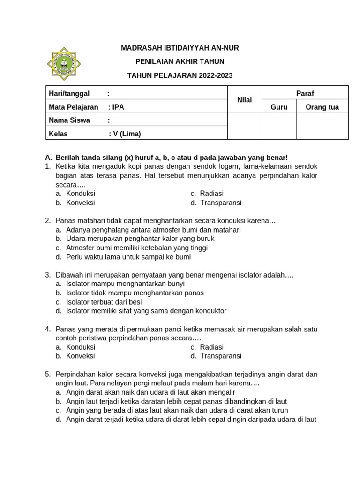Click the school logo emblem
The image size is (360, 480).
(64, 64)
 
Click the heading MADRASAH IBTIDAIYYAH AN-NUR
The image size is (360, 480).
(180, 48)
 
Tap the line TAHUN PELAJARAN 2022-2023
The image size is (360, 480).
(180, 75)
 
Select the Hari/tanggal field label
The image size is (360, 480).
(69, 93)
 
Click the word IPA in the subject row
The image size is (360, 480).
(119, 107)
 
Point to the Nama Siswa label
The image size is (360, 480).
(69, 120)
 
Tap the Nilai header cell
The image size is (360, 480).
(244, 100)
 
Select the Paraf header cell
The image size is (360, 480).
(305, 93)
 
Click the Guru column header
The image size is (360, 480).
(279, 107)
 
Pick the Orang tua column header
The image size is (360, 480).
(322, 107)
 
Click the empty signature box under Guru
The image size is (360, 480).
(279, 126)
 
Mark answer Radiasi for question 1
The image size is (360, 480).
(211, 194)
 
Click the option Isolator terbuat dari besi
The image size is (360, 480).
(104, 302)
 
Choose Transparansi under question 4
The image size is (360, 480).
(220, 356)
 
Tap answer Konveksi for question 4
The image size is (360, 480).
(81, 356)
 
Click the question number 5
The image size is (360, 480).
(48, 374)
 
